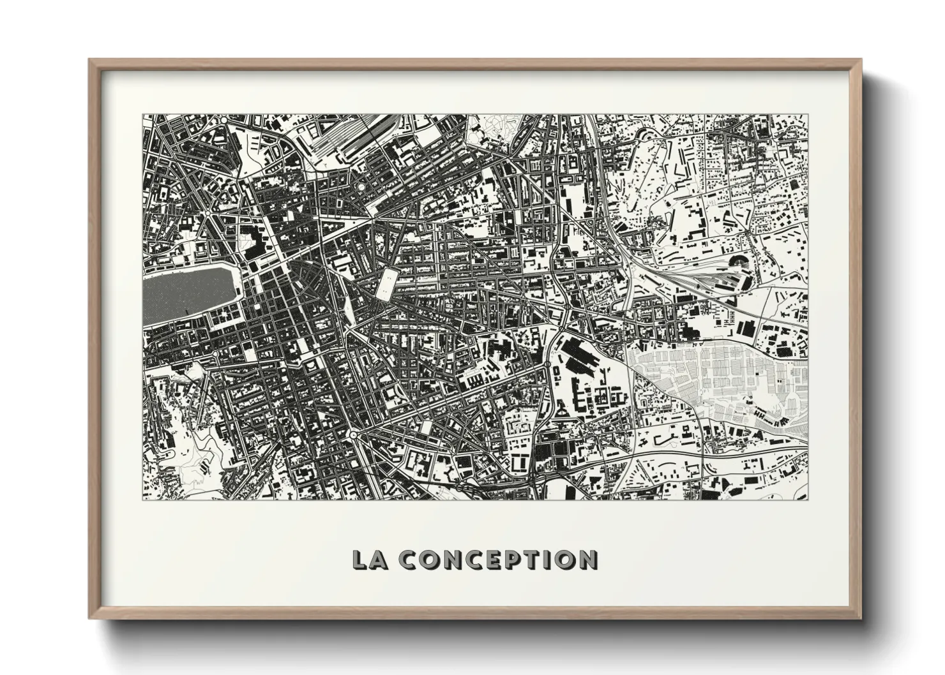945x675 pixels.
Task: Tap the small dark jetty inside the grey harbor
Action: point(186,312)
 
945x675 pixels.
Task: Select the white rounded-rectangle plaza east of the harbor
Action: point(387,283)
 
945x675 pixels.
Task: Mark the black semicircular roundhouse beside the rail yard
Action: point(741,262)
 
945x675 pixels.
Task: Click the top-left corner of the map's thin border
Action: point(142,115)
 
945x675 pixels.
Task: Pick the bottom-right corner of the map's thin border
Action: point(808,500)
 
